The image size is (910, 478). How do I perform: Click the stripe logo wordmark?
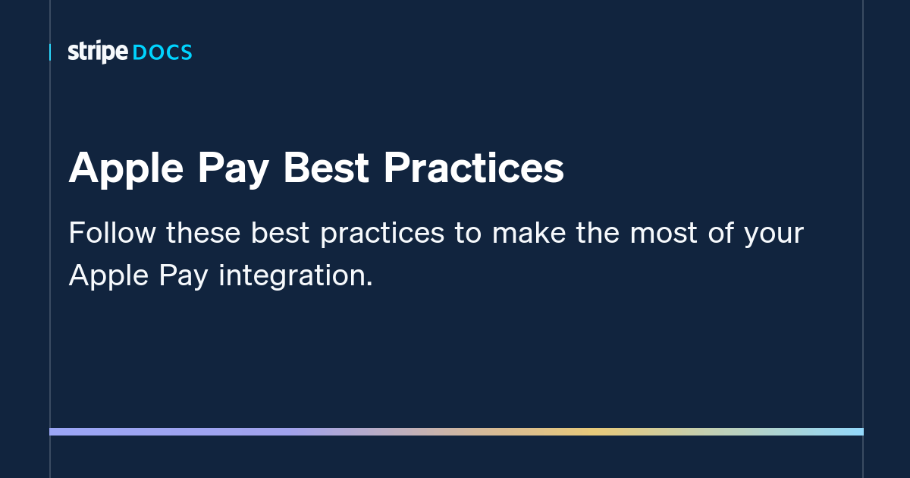click(x=98, y=52)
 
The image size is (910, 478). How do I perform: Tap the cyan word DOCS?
click(x=162, y=52)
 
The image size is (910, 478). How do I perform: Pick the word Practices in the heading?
click(x=473, y=168)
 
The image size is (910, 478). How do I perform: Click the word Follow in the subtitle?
click(x=111, y=233)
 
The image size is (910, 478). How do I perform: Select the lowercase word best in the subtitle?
click(x=281, y=233)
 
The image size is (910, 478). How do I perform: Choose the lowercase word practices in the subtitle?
click(x=381, y=233)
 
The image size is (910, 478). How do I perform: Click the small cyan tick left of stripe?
click(x=50, y=52)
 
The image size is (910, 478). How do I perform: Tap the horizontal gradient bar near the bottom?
click(x=456, y=432)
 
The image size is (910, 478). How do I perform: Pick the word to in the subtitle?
click(x=468, y=233)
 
